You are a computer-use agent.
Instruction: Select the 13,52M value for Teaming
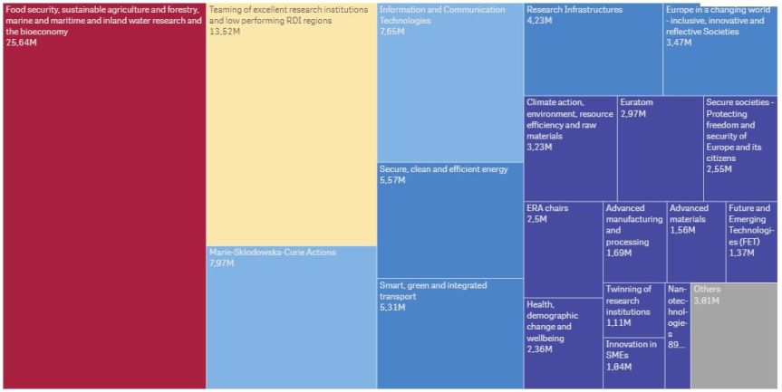pos(226,32)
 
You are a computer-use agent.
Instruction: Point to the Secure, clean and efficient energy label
pos(443,169)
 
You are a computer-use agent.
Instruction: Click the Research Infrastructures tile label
pos(574,10)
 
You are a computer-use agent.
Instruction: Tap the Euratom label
pos(636,102)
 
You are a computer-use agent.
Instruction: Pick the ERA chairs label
pos(547,208)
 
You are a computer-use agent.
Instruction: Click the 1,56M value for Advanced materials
pos(682,231)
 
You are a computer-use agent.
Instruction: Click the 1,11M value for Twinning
pos(621,323)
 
